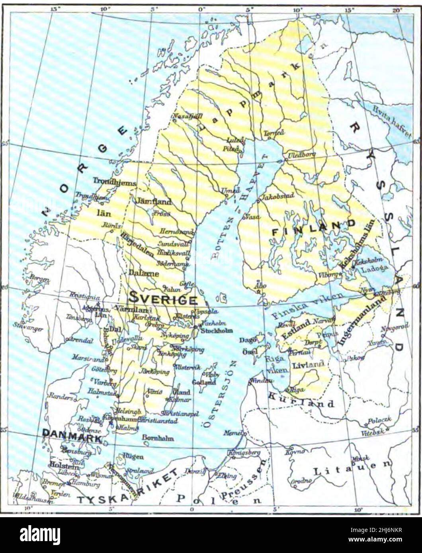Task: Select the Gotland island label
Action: click(x=204, y=382)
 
